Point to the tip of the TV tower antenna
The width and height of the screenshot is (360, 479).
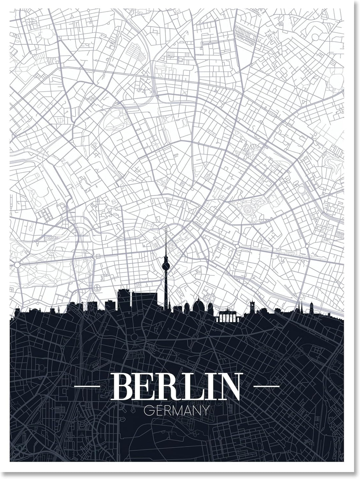[x=166, y=229]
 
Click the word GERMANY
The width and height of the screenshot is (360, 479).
[x=176, y=410]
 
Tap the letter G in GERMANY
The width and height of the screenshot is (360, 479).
[x=148, y=410]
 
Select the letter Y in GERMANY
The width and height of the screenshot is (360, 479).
[x=205, y=410]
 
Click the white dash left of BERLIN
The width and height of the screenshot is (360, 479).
[x=87, y=386]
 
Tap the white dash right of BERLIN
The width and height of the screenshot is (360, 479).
[x=267, y=386]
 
